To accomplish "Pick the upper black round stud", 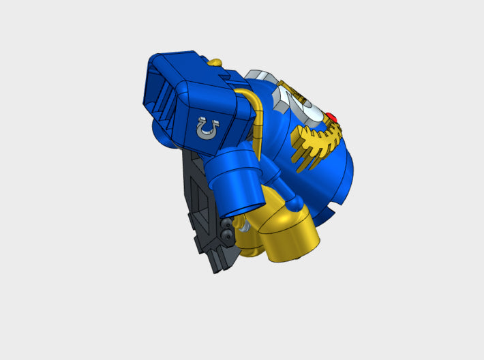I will coord(227,224).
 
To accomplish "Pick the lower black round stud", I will coord(226,235).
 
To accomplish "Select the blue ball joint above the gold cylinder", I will coord(294,202).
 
